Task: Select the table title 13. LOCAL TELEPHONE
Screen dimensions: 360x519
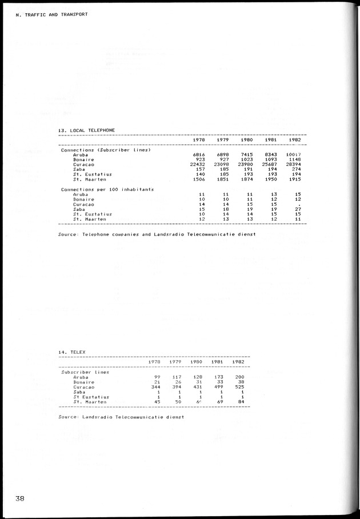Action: (x=86, y=130)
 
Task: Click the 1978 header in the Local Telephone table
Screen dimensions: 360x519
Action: (x=199, y=140)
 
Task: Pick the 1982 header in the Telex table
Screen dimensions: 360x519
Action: (x=238, y=362)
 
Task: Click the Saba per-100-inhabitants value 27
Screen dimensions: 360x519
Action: (x=297, y=209)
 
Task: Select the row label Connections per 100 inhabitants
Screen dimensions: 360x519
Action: (x=107, y=189)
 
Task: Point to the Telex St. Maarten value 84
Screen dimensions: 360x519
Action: (x=240, y=402)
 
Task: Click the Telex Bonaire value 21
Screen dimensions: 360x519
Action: (x=157, y=382)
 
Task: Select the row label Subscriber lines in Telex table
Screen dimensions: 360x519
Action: (x=85, y=372)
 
